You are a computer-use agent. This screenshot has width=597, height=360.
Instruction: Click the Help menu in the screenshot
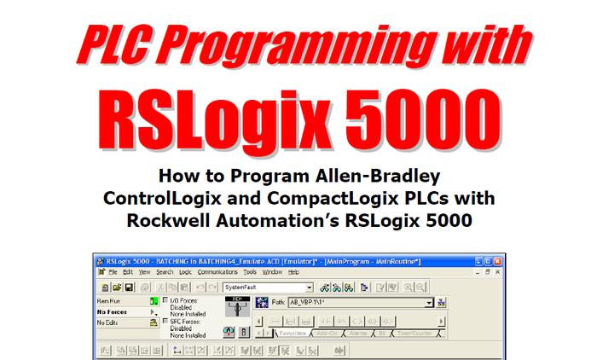[x=293, y=271]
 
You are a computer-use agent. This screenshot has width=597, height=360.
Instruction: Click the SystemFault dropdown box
[x=268, y=287]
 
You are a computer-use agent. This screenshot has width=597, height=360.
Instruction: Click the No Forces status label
[x=114, y=312]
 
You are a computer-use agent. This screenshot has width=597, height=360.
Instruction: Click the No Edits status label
[x=110, y=322]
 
